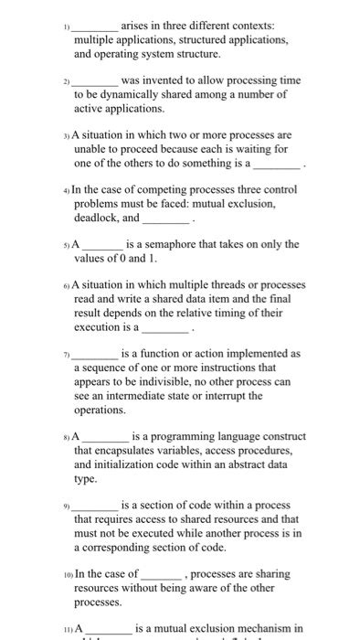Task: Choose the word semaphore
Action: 183,245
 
